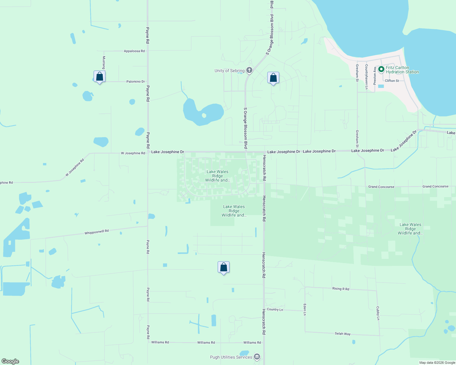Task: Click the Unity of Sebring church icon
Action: [249, 71]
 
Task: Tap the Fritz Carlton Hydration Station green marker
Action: [381, 69]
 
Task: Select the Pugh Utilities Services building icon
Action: [257, 357]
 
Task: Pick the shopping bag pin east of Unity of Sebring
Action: [273, 78]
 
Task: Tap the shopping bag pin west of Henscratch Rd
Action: [223, 267]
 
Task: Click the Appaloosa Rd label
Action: [134, 51]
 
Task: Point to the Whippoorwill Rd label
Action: [97, 232]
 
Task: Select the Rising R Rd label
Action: [340, 289]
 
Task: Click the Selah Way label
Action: [343, 334]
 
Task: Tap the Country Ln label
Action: [275, 309]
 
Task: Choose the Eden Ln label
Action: [305, 309]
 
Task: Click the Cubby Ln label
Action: [378, 313]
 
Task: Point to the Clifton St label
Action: [392, 81]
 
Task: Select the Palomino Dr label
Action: [136, 82]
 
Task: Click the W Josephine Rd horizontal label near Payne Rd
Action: [133, 153]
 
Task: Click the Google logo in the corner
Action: [10, 361]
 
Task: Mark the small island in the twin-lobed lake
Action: [204, 116]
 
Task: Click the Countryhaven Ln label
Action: [366, 77]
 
